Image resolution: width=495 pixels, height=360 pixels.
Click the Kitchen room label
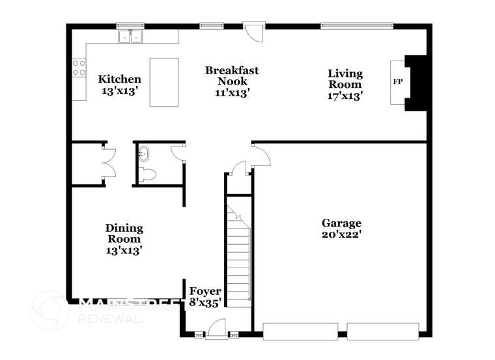click(x=119, y=85)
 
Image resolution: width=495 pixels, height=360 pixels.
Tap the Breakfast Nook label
click(x=232, y=81)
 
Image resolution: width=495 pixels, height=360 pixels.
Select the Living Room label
click(x=345, y=85)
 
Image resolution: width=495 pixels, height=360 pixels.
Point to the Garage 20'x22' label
click(x=341, y=228)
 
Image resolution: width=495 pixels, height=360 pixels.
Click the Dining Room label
click(x=124, y=238)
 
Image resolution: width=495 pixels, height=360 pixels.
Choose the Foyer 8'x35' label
click(x=205, y=296)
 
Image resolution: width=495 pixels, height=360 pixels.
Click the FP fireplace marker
click(x=397, y=82)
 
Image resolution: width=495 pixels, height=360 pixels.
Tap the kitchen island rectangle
click(x=164, y=82)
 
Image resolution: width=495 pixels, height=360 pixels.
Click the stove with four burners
click(x=79, y=68)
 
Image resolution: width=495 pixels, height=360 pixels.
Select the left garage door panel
click(x=301, y=330)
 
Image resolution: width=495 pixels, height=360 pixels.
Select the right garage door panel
click(x=383, y=330)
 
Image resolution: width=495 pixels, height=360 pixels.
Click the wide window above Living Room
click(x=356, y=27)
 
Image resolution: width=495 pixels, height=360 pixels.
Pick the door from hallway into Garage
click(x=259, y=155)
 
